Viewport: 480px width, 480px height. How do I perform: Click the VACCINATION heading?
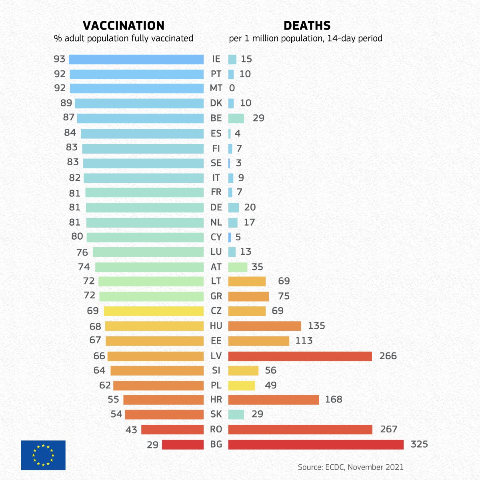[x=124, y=26]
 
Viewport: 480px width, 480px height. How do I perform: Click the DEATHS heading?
[x=307, y=26]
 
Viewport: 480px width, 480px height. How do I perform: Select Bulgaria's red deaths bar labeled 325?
[x=316, y=444]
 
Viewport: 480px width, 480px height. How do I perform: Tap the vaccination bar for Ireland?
[x=136, y=59]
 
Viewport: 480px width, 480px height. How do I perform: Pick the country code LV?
[x=216, y=356]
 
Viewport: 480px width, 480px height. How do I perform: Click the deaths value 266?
[x=388, y=356]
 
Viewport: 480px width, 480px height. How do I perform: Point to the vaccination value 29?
[x=152, y=444]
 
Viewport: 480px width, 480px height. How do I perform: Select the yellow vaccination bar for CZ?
[x=154, y=311]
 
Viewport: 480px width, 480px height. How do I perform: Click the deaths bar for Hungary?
[x=264, y=326]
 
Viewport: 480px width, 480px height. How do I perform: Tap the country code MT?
[x=216, y=88]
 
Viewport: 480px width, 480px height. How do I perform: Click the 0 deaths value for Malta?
[x=232, y=88]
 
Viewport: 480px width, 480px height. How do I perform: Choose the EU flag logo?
[x=43, y=455]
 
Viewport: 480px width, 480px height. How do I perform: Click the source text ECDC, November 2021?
[x=350, y=467]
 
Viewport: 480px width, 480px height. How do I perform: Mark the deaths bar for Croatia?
[x=274, y=400]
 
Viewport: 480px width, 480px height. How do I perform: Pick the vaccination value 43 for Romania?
[x=131, y=430]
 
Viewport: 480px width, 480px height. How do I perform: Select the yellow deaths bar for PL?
[x=242, y=386]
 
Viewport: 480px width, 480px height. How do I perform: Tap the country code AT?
[x=216, y=267]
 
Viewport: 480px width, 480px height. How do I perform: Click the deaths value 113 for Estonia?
[x=304, y=341]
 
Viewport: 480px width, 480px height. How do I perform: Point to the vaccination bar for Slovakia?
[x=164, y=414]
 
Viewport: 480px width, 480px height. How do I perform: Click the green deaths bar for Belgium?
[x=236, y=118]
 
